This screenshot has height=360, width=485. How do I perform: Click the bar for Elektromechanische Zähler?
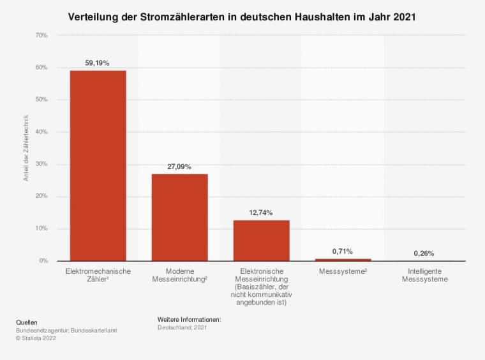coord(98,165)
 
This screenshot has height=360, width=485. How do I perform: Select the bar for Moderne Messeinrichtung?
coord(179,217)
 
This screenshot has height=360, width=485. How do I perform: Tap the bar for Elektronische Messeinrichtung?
coord(261,240)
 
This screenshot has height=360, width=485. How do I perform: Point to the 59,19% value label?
coord(98,63)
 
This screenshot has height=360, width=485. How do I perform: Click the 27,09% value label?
coord(179,166)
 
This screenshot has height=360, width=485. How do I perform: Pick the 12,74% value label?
coord(261,213)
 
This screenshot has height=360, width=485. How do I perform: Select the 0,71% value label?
coord(343,251)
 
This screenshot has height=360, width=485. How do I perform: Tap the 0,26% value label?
coord(424,253)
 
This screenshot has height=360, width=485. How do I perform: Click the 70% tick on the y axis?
coord(40,36)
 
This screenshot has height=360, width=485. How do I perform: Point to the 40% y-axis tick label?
coord(40,132)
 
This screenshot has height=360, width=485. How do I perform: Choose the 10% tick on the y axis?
coord(40,229)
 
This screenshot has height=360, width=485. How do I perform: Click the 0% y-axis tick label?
coord(42,261)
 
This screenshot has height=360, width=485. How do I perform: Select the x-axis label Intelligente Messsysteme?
coord(424,275)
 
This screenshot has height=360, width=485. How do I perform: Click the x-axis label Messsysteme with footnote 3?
coord(343,271)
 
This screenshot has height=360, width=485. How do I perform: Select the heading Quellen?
coord(26,322)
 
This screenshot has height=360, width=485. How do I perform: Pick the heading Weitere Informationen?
coord(189,319)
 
